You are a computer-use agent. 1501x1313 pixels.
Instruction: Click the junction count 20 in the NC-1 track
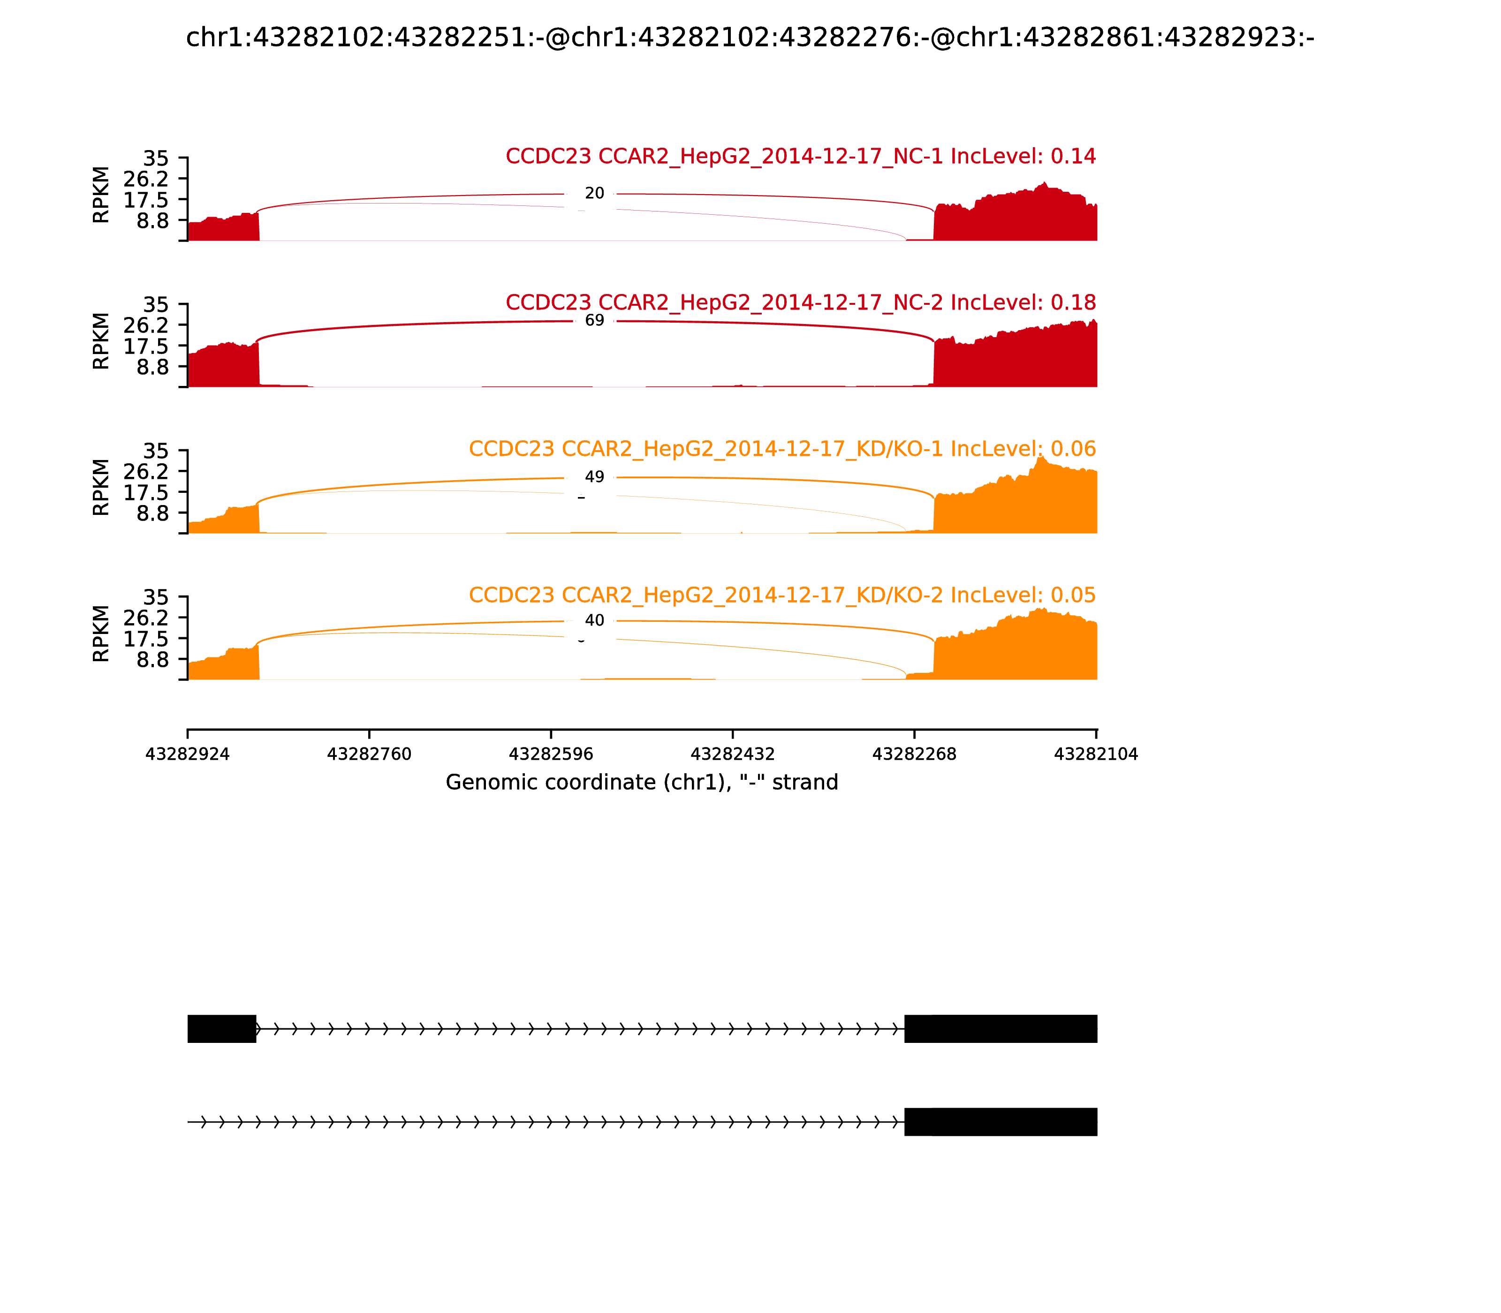coord(594,193)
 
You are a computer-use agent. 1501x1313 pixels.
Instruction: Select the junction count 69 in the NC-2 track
coord(594,320)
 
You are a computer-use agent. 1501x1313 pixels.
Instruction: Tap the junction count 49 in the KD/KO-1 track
coord(594,477)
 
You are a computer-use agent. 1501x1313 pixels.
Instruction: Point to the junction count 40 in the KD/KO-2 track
coord(594,620)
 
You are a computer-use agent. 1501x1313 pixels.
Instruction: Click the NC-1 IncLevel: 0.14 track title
coord(800,156)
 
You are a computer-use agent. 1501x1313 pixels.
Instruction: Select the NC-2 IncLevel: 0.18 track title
coord(800,302)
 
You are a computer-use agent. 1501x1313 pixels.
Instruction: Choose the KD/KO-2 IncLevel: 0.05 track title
coord(782,595)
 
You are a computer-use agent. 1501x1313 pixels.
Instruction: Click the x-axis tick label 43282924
coord(188,754)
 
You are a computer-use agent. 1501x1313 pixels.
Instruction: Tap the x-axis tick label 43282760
coord(370,754)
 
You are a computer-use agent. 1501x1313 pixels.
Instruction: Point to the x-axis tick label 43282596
coord(551,754)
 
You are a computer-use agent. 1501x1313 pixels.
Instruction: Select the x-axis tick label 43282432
coord(733,754)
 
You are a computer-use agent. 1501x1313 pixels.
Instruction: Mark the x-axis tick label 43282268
coord(915,754)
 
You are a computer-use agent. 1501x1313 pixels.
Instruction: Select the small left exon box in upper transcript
coord(221,1029)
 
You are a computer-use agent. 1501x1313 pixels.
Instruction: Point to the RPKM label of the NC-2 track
coord(101,341)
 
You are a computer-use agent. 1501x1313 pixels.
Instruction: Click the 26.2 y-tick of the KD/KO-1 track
coord(146,471)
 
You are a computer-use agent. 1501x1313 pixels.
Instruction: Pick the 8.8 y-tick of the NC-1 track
coord(152,220)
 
